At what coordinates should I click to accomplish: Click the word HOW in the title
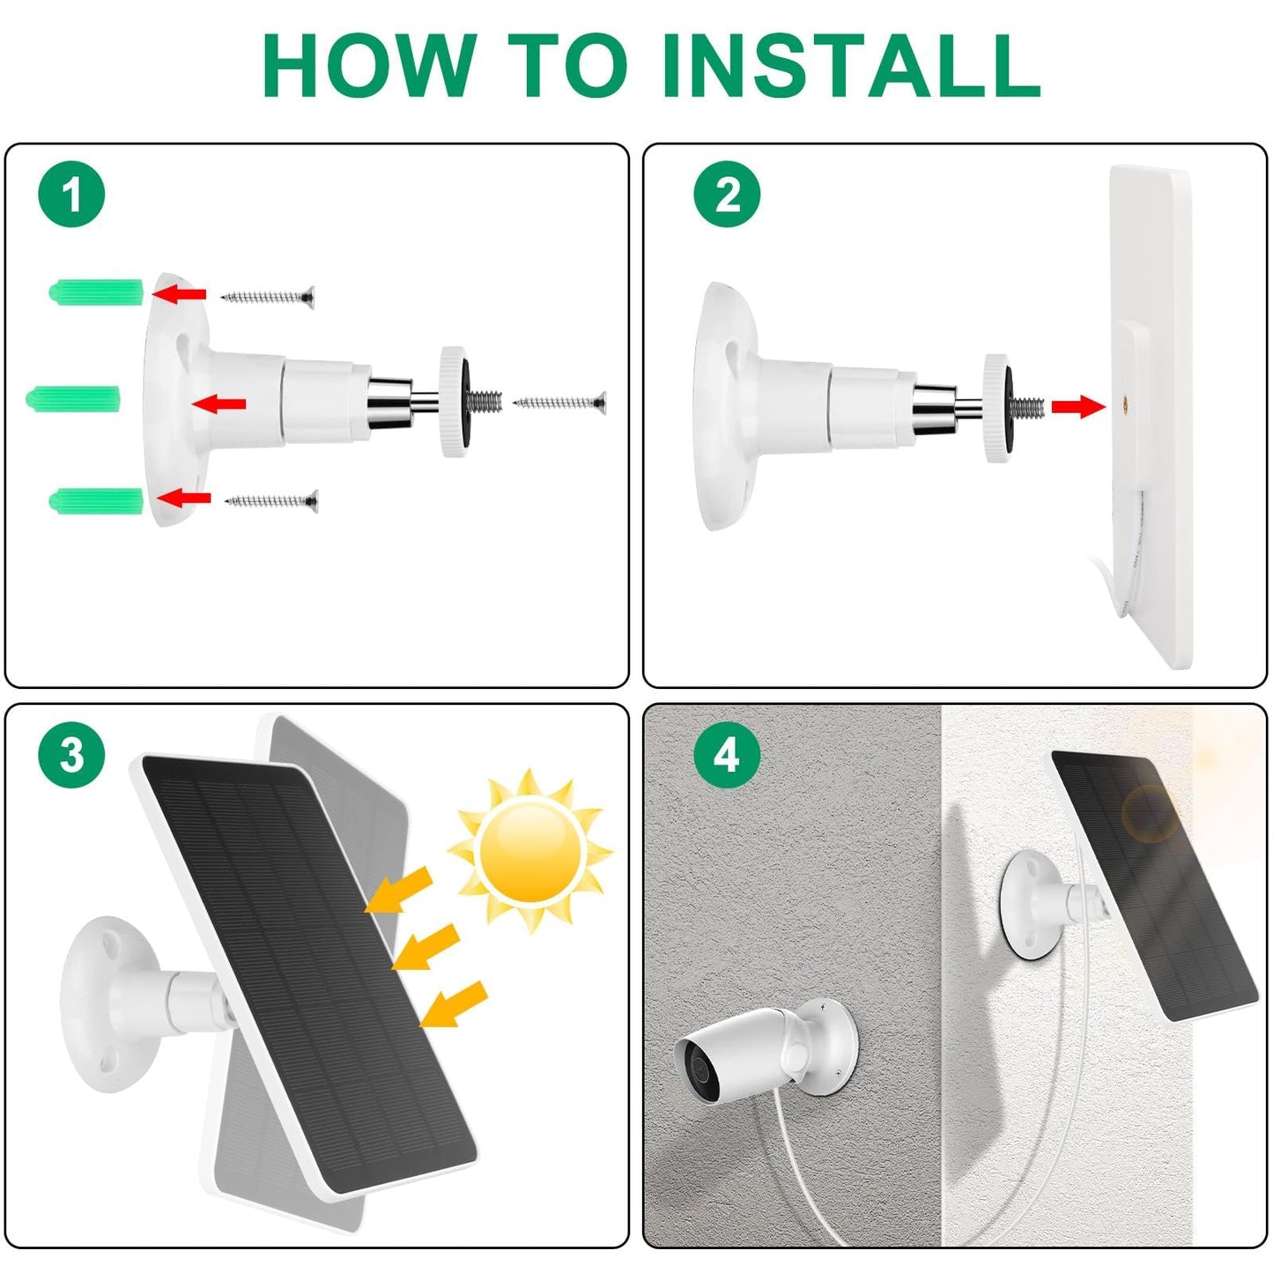368,65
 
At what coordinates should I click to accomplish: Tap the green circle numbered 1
71,194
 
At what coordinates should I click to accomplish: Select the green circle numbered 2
727,194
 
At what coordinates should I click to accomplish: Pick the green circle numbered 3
71,754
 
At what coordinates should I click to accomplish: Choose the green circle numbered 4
727,754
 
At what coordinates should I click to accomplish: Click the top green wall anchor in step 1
96,292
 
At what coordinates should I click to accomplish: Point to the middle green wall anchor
72,397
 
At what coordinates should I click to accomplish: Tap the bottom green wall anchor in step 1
96,500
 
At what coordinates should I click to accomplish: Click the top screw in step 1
268,297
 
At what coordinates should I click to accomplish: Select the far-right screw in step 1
560,402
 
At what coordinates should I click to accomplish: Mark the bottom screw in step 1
271,501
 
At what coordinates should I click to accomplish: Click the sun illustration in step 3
530,849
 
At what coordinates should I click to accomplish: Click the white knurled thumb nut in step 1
455,402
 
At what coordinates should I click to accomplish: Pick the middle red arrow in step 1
218,403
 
